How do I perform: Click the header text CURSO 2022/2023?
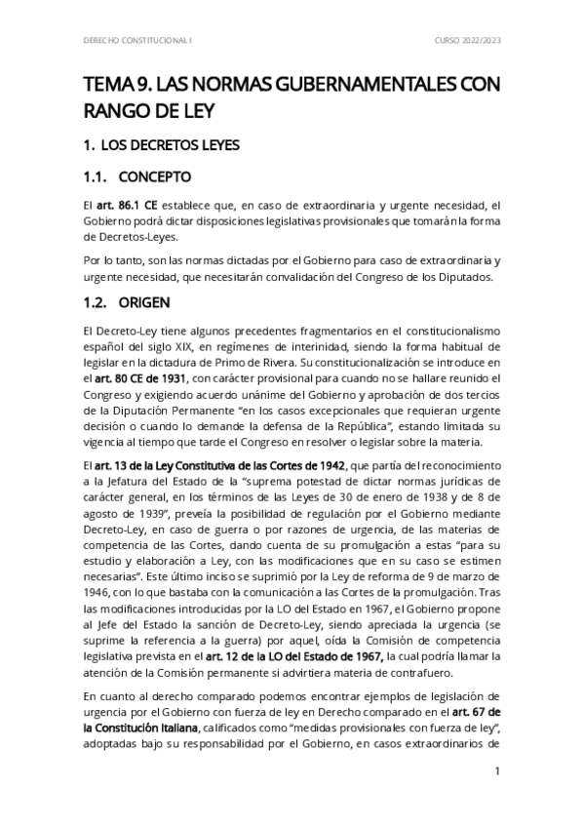point(467,40)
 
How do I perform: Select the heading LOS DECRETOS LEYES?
point(170,145)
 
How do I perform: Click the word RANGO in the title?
point(122,109)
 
